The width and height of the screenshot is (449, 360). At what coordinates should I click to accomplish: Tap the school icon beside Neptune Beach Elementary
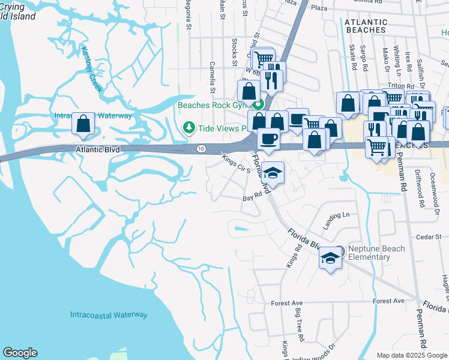330,258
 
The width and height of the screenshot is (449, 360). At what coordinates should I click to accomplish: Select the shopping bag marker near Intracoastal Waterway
83,124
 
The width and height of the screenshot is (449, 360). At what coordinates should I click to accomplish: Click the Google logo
20,353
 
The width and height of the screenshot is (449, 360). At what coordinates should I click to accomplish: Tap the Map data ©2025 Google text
412,355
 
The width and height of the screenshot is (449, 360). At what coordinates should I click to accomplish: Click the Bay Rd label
253,196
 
